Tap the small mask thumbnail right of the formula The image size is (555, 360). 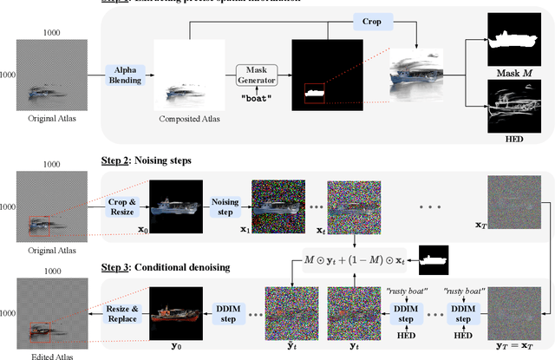point(433,258)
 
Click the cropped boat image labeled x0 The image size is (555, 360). point(176,204)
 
